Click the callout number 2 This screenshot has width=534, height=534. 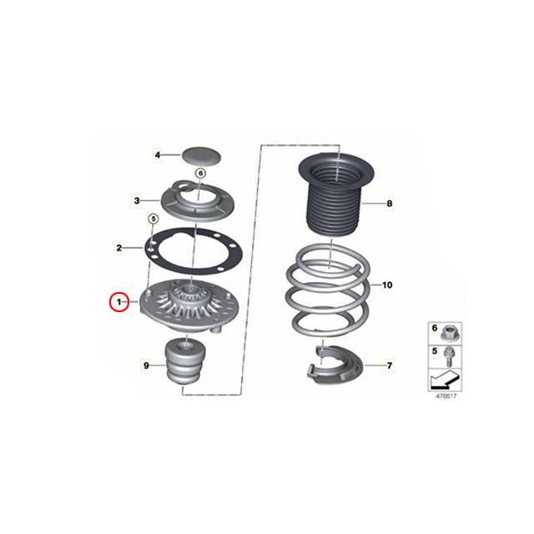pos(120,248)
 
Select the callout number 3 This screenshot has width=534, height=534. pos(137,200)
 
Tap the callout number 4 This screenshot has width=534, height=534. pos(156,155)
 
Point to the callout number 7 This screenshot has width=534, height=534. pos(388,365)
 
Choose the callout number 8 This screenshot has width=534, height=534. pos(387,203)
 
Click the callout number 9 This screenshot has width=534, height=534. pos(147,365)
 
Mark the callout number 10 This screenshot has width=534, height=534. pos(386,285)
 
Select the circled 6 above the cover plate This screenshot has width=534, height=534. pos(200,173)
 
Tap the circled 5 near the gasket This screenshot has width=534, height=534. pos(153,219)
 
